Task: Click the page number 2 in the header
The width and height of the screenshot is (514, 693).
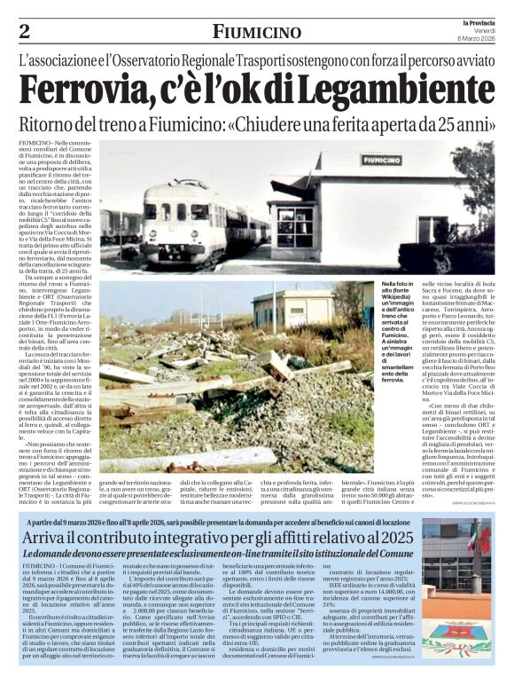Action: (x=24, y=32)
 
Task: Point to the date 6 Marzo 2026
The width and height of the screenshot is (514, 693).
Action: (x=477, y=38)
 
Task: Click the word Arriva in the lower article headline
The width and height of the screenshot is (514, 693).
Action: (x=61, y=538)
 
